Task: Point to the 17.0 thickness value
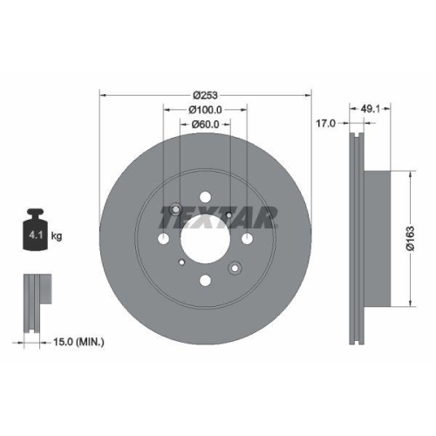324,125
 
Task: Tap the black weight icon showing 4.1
37,231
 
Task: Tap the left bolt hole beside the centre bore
162,238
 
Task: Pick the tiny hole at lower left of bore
181,261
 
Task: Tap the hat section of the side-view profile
379,237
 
